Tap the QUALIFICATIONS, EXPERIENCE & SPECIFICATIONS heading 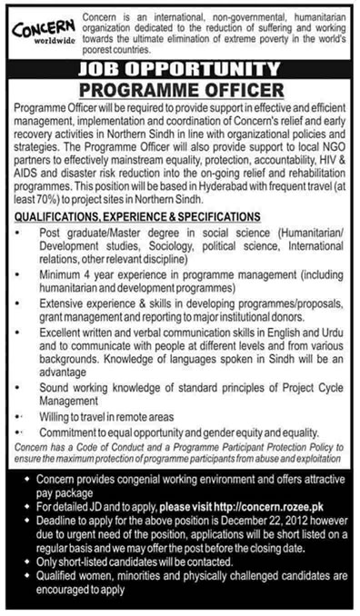tap(137, 215)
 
